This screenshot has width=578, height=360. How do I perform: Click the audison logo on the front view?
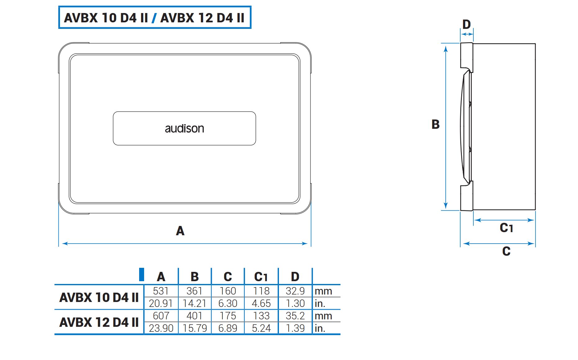184,128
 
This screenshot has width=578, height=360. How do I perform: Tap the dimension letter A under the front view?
180,231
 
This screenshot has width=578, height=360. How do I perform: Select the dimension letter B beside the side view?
435,124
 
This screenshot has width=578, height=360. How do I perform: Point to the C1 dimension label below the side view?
506,228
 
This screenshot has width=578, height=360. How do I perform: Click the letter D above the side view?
466,24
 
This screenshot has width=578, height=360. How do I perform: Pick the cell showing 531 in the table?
161,291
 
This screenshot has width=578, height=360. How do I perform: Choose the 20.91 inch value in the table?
161,303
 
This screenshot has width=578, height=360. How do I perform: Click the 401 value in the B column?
194,316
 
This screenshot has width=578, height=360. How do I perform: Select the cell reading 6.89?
228,328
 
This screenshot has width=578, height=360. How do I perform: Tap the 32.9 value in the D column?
295,291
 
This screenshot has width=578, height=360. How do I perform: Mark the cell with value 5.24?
261,328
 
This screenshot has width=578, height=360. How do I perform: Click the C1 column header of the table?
261,277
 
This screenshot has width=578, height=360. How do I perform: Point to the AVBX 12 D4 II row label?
99,322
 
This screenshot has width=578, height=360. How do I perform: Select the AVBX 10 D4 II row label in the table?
99,297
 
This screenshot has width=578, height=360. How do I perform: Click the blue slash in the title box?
154,18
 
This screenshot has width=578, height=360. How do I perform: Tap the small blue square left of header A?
142,274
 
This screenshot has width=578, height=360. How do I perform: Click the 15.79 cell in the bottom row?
194,328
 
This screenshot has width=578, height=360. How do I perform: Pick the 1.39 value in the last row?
295,328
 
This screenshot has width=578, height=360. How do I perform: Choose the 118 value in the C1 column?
261,291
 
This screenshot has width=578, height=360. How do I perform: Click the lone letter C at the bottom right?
506,251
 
